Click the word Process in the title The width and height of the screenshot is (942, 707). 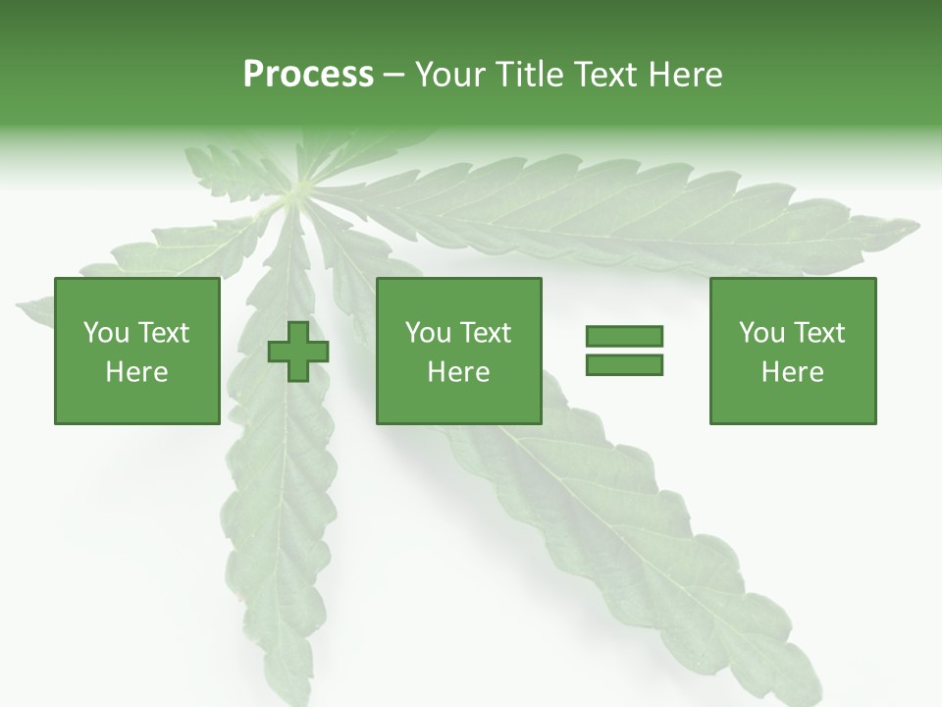tap(308, 75)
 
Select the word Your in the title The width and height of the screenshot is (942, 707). tap(450, 75)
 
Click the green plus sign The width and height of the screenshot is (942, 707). tap(298, 351)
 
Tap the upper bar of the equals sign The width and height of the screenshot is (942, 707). tap(624, 337)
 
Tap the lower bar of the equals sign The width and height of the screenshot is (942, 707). tap(624, 364)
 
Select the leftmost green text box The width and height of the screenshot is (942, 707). tap(136, 351)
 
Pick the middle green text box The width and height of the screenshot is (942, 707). tap(458, 351)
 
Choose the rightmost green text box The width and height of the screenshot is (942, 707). tap(792, 351)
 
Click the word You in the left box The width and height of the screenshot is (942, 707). tap(104, 333)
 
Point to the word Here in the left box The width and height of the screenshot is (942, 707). tap(136, 372)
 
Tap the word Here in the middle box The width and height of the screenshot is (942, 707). tap(458, 372)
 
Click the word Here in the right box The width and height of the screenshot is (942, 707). tap(792, 372)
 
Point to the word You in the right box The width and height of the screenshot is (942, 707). tap(760, 333)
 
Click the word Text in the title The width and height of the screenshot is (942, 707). tap(603, 75)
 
